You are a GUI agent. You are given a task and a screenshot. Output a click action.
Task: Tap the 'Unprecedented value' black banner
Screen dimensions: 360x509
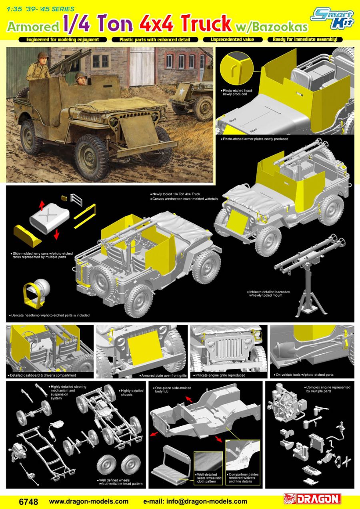tap(232, 40)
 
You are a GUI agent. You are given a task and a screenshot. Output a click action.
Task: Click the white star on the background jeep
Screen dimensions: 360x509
tap(182, 91)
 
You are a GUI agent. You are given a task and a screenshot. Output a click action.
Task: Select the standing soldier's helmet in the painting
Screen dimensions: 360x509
tap(42, 56)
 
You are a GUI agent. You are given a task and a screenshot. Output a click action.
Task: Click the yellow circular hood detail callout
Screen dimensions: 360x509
tap(237, 68)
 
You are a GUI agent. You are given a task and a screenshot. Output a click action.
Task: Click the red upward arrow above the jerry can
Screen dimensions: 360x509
tap(41, 205)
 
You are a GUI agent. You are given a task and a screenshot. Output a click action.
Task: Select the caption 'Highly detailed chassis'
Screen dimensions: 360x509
tap(132, 392)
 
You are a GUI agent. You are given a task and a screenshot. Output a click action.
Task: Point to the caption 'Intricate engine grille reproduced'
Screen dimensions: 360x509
tap(219, 375)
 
